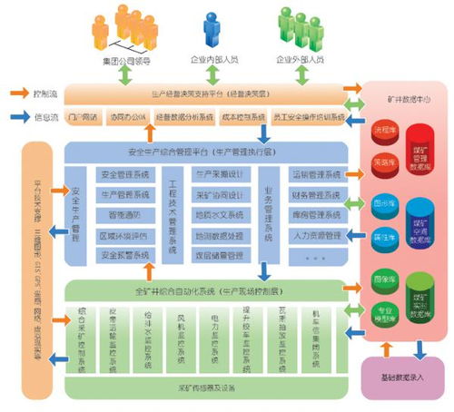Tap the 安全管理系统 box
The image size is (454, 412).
tap(128, 173)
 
